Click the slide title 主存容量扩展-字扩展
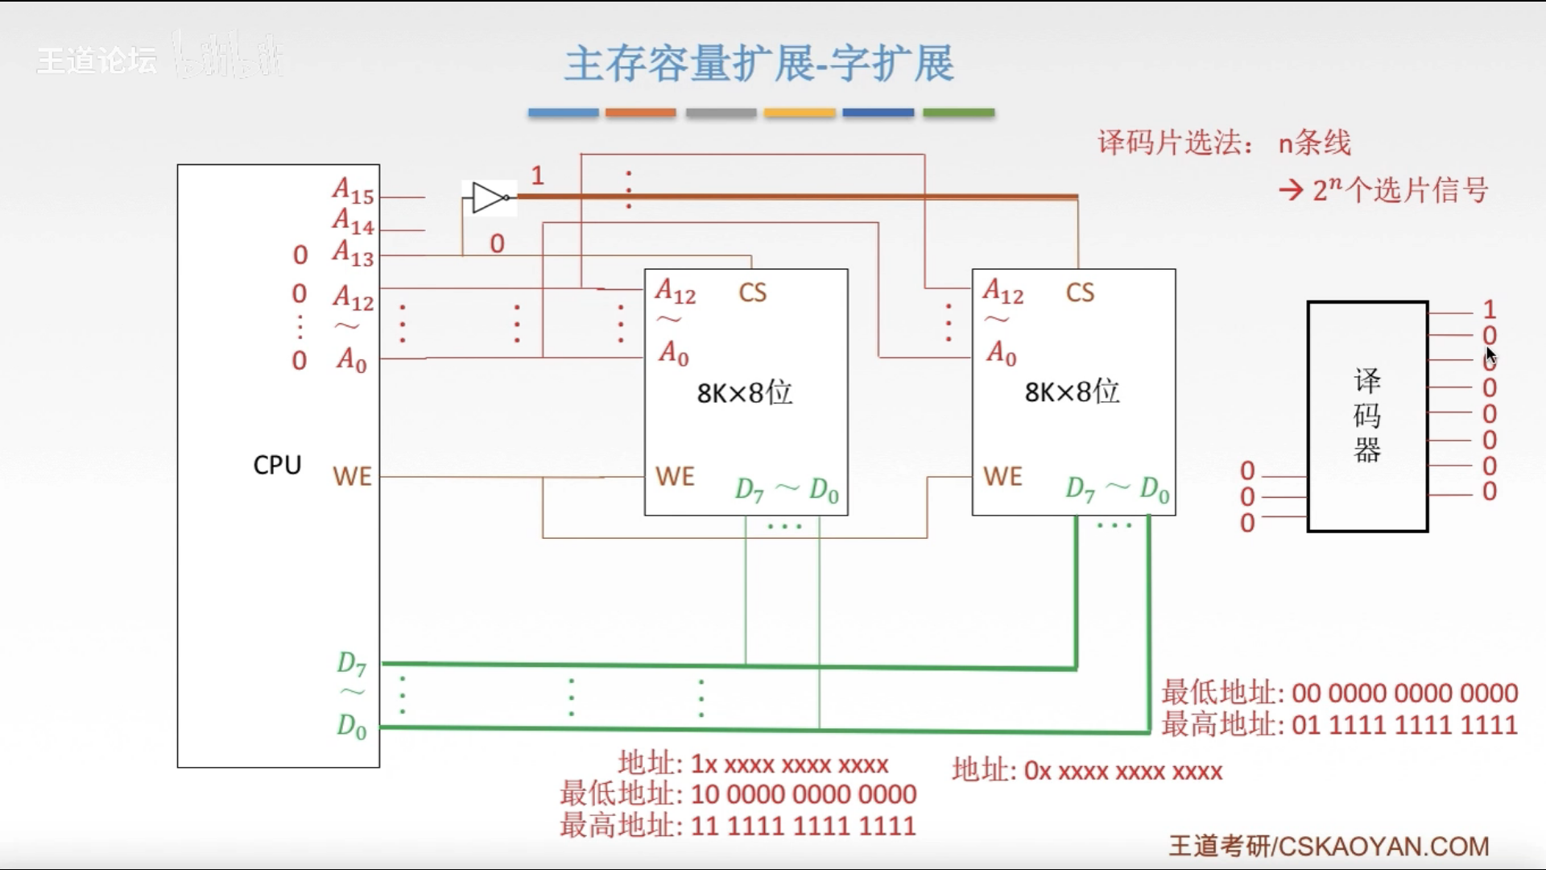759,64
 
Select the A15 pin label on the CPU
353,191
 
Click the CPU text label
277,465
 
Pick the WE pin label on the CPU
353,476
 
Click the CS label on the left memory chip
753,292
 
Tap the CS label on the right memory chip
1080,292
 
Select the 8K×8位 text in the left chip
745,393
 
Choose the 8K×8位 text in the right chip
1072,392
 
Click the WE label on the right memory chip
1002,476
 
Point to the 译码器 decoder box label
1367,416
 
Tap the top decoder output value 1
1490,309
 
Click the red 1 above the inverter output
538,175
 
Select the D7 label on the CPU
351,664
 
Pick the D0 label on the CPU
351,727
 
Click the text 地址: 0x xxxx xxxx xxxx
1087,771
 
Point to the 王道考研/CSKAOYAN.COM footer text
1329,846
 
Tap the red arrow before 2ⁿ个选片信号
1291,191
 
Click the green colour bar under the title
958,113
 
